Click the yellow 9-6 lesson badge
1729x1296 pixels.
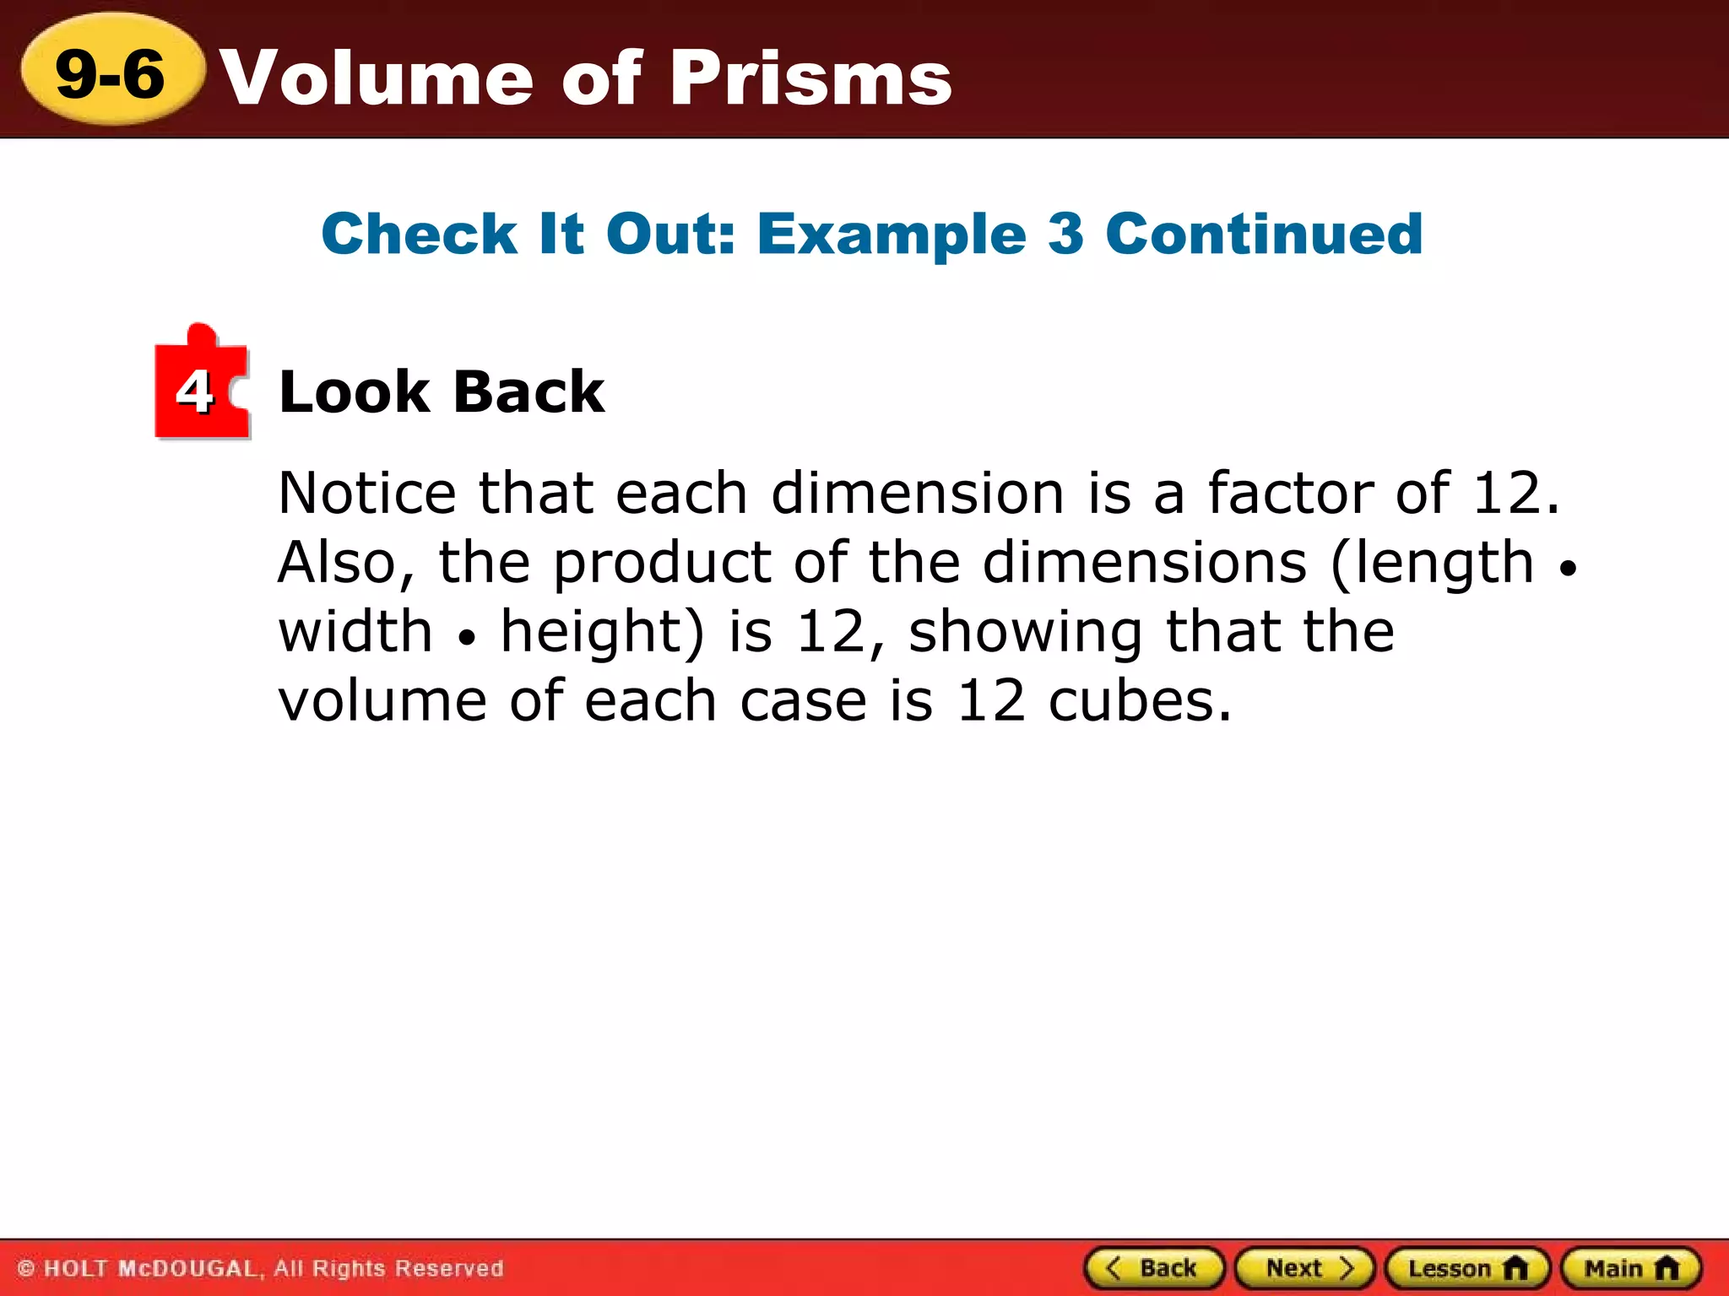[111, 73]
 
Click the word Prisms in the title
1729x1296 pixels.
[811, 78]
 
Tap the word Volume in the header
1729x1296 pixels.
[377, 78]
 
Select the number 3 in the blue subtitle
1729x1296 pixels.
[1065, 234]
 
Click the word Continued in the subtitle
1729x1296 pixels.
[1264, 234]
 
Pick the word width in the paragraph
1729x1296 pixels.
[355, 632]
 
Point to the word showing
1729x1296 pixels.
[1024, 632]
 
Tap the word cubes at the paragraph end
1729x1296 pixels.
[1140, 701]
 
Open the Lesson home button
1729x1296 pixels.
[1467, 1268]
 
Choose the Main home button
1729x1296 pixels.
[1631, 1268]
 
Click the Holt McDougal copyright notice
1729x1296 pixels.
[260, 1268]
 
